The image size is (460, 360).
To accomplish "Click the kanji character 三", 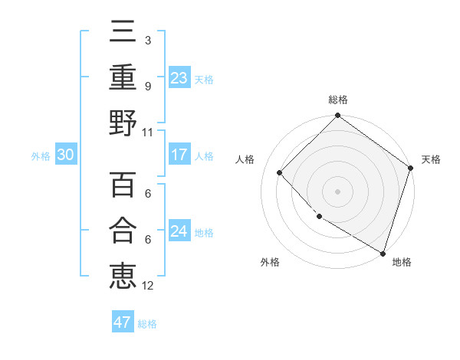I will tap(123, 33).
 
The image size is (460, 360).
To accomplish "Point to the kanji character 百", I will tap(123, 185).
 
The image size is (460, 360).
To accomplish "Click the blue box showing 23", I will tap(179, 78).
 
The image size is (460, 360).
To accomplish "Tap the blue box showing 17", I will tap(179, 155).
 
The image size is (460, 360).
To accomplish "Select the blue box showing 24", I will tap(179, 231).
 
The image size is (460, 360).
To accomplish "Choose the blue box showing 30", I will tap(65, 155).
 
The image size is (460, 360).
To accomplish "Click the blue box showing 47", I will tap(123, 322).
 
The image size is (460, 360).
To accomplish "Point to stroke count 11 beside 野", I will tap(147, 132).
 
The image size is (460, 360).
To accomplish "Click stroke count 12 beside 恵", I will tap(147, 285).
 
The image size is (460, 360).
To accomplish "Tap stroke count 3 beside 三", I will tap(147, 40).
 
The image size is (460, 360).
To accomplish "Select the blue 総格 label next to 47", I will tap(147, 323).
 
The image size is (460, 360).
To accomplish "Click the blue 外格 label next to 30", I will tap(41, 155).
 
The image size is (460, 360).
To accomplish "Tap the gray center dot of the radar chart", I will tap(337, 191).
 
